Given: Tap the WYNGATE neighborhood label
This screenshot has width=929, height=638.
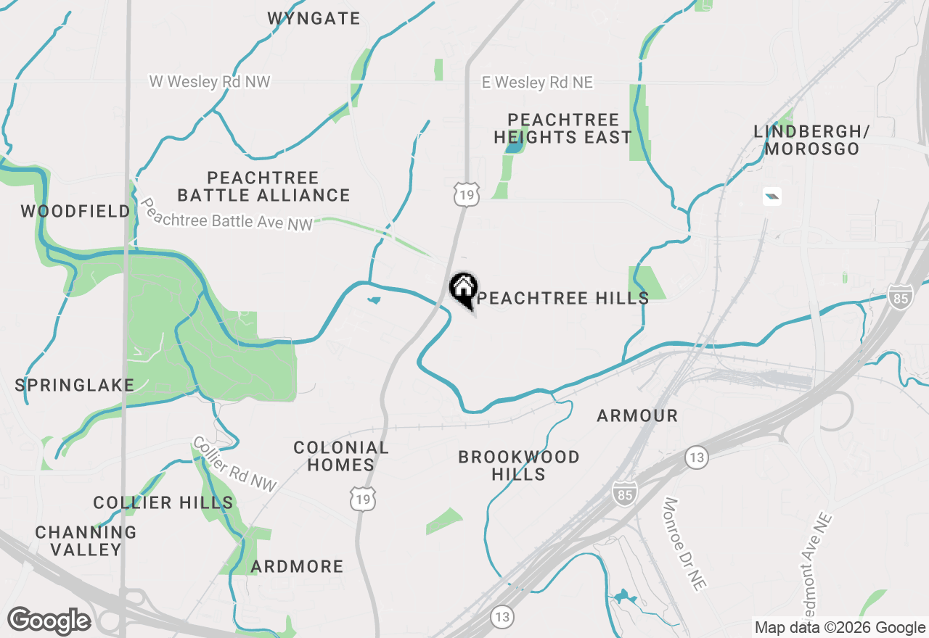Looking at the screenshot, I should click(314, 19).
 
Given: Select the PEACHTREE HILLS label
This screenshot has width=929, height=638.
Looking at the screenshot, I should click(562, 299).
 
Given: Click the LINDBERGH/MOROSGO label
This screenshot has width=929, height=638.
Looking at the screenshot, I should click(811, 141).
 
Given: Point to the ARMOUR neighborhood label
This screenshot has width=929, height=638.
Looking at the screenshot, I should click(637, 415).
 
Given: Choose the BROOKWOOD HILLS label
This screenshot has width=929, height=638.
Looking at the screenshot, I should click(519, 465).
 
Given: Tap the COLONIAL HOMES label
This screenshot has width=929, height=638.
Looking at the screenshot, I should click(340, 456).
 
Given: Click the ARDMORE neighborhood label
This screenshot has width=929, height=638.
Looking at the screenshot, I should click(297, 566).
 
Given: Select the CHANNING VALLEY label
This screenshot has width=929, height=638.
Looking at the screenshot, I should click(86, 541).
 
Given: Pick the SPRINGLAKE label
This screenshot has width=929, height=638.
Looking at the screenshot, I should click(75, 385).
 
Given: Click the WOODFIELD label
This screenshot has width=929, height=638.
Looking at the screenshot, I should click(75, 212).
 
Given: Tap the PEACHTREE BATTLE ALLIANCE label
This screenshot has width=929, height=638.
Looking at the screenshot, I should click(264, 186).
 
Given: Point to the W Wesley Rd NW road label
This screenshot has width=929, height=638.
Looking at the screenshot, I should click(210, 81).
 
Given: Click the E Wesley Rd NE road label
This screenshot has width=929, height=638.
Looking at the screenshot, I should click(537, 83).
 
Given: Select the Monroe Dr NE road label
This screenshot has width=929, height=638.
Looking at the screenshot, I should click(684, 543).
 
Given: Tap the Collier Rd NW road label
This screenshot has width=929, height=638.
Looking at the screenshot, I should click(234, 465).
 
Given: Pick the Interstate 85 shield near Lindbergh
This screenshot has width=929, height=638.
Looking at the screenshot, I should click(899, 297).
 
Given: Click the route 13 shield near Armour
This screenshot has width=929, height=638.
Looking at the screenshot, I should click(696, 457).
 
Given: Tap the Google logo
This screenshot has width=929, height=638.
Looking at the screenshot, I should click(49, 621).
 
